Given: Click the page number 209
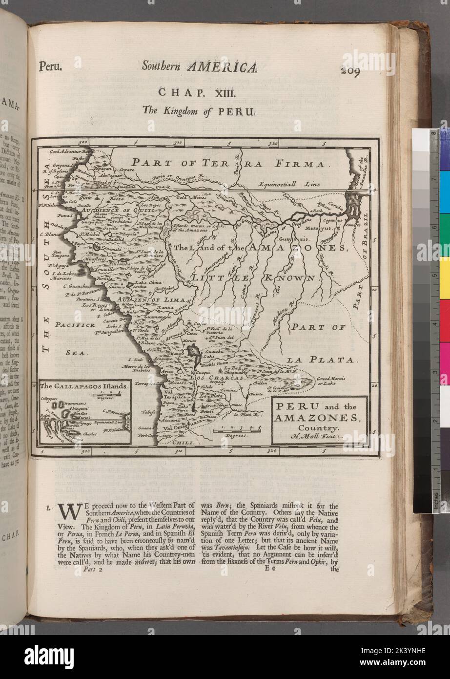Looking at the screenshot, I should click(x=350, y=72).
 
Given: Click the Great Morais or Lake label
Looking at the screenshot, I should click(x=331, y=381).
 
